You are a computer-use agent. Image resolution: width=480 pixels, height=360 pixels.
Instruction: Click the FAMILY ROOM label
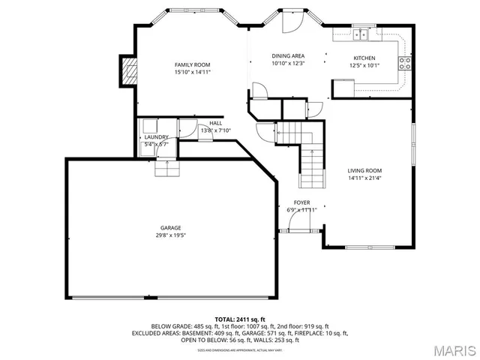point(193,64)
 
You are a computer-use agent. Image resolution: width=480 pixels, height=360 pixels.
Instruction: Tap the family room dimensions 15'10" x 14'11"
point(193,73)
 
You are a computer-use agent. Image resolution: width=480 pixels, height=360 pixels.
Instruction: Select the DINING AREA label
point(288,56)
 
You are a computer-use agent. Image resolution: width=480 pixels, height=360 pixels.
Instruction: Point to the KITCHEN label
point(364,58)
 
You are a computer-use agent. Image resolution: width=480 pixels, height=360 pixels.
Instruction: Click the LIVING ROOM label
point(364,170)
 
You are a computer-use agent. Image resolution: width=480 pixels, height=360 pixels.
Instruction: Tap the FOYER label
point(302,202)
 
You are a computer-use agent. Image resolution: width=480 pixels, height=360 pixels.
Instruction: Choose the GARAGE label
point(170,228)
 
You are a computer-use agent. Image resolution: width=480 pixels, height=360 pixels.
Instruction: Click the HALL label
point(216,123)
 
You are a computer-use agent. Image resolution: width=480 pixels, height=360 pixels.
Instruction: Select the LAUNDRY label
point(156,137)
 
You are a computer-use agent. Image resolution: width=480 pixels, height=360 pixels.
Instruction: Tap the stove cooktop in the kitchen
point(405,64)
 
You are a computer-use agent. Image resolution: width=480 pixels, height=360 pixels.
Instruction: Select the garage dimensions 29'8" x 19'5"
point(170,235)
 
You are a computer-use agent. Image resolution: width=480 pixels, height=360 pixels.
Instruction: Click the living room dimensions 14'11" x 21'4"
point(364,178)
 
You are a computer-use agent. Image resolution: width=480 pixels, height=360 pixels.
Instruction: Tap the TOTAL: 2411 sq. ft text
point(240,319)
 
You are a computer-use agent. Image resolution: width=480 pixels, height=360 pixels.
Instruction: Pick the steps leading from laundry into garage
point(167,168)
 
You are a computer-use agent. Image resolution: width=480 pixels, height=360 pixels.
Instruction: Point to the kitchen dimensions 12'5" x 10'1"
point(364,65)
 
